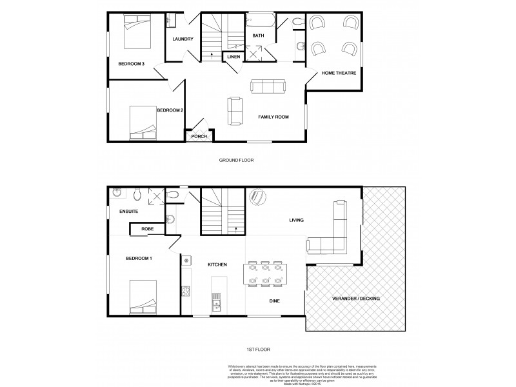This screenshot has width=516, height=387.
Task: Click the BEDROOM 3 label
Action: pyautogui.click(x=130, y=63)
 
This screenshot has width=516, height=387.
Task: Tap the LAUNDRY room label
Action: pyautogui.click(x=183, y=39)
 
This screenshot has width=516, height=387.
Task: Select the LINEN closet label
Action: pyautogui.click(x=233, y=57)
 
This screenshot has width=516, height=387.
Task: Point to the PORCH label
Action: pyautogui.click(x=199, y=136)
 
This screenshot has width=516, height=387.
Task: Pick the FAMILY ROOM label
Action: pyautogui.click(x=273, y=117)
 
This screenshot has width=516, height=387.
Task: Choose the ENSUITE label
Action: pyautogui.click(x=129, y=212)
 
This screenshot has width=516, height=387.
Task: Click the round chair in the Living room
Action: pyautogui.click(x=257, y=197)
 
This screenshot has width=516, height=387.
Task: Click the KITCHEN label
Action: pyautogui.click(x=217, y=265)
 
